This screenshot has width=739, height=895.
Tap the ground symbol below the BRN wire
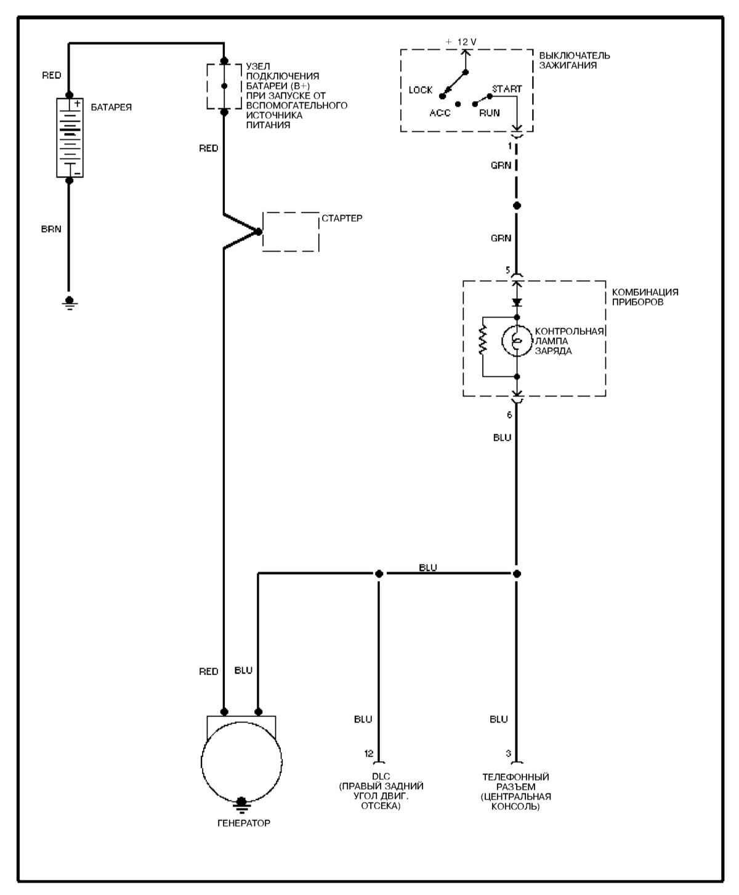[70, 302]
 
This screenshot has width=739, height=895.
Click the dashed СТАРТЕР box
[291, 232]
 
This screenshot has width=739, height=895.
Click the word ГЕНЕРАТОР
[243, 823]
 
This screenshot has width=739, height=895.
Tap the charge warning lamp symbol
[516, 341]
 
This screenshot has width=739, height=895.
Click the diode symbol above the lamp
[517, 302]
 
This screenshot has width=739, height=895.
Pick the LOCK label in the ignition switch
[421, 91]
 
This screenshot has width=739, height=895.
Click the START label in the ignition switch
[506, 89]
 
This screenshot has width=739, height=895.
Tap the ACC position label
[440, 113]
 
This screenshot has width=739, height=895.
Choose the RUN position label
[490, 113]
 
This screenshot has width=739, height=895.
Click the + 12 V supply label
[461, 42]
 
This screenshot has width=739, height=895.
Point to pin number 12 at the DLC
[369, 753]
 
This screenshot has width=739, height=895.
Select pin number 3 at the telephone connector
[508, 753]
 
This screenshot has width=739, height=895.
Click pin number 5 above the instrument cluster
[507, 270]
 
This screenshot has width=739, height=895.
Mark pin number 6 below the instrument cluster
[509, 415]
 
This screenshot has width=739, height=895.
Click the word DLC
[381, 777]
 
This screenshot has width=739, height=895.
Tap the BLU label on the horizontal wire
[428, 567]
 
